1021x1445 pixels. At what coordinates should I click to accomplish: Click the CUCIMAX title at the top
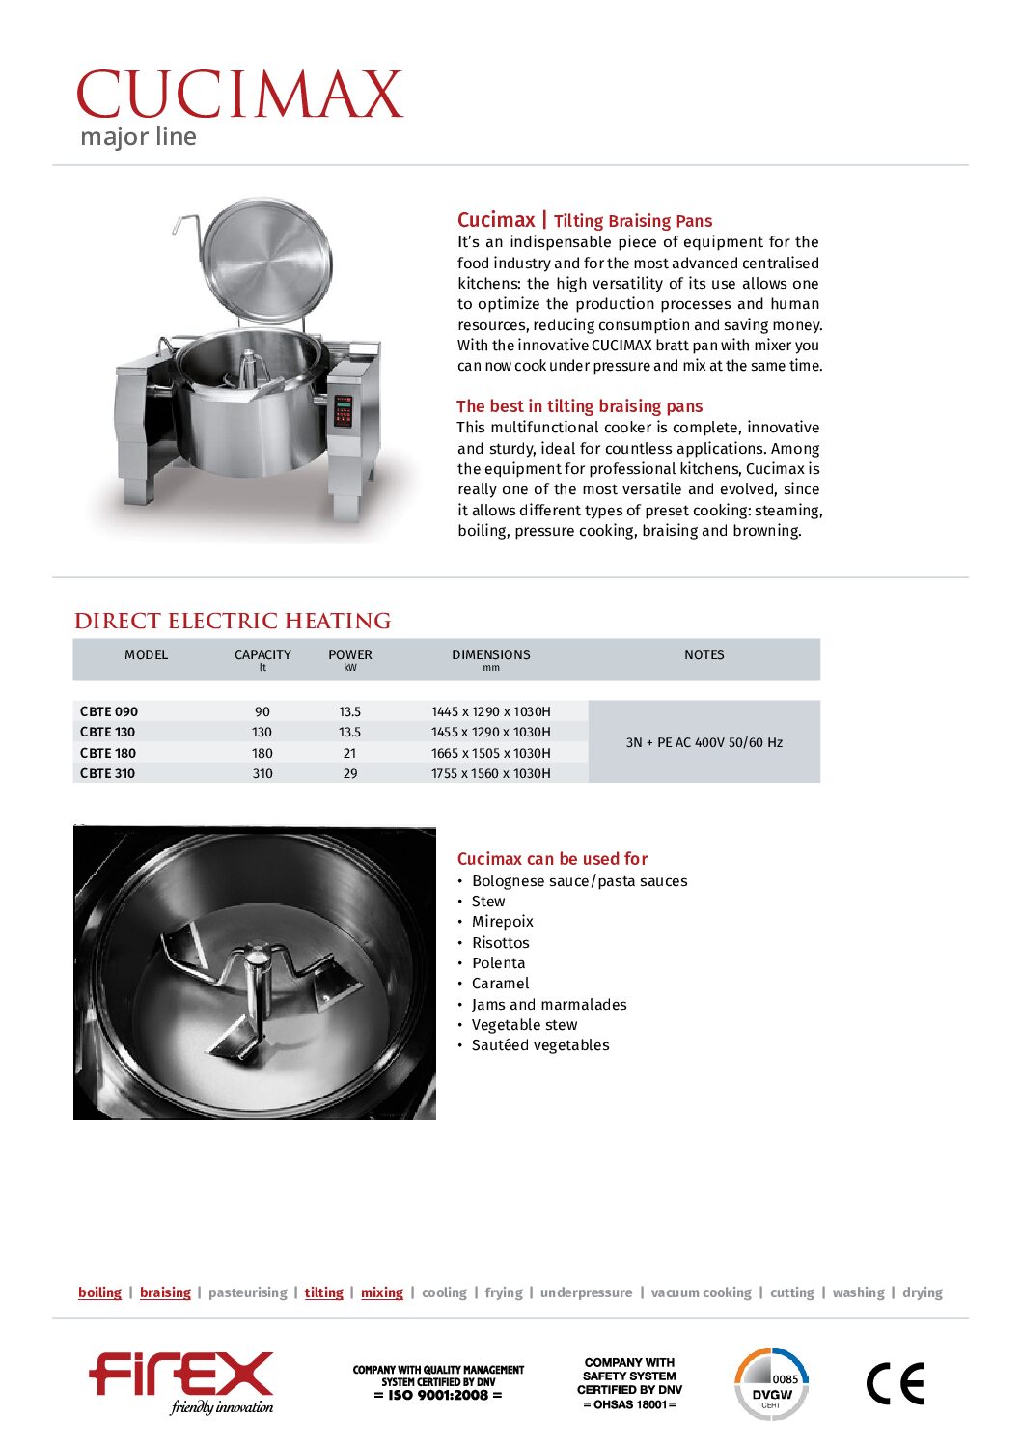tap(239, 95)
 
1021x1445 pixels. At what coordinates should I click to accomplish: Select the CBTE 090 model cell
tap(109, 711)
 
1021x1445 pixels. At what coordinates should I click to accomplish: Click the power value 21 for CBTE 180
tap(349, 753)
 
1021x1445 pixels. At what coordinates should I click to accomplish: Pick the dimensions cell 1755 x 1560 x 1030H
tap(490, 773)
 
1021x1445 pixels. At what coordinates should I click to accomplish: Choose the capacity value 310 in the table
tap(262, 773)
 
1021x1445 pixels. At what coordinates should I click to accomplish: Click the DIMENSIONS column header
tap(490, 654)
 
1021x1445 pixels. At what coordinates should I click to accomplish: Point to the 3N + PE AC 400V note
tap(704, 742)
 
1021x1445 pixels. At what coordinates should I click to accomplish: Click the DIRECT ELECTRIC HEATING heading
tap(233, 621)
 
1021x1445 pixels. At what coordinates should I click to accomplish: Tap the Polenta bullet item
tap(498, 963)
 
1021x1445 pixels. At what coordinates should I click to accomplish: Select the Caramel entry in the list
tap(500, 984)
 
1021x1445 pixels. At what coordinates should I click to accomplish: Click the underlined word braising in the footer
tap(165, 1292)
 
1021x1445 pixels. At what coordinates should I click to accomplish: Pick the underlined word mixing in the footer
tap(381, 1292)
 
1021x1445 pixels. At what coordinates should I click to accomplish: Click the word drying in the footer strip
tap(922, 1292)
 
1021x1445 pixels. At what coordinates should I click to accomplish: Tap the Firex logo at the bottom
tap(181, 1380)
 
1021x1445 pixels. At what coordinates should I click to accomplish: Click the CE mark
tap(895, 1384)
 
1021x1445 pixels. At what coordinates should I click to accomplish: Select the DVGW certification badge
tap(771, 1384)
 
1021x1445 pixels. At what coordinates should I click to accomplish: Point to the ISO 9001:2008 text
tap(438, 1395)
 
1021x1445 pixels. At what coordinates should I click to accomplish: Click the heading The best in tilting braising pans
tap(579, 406)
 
